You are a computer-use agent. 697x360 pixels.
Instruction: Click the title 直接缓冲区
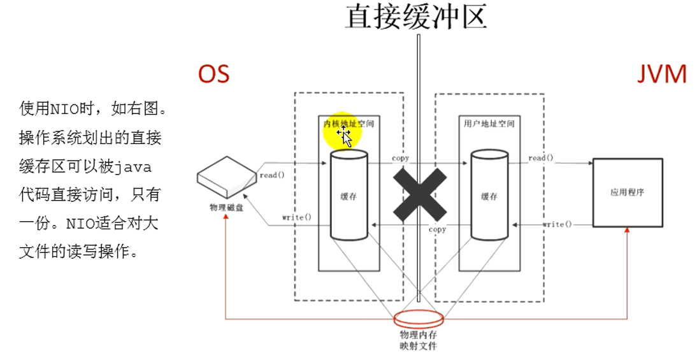(x=416, y=17)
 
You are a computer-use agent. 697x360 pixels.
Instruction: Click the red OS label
(x=213, y=75)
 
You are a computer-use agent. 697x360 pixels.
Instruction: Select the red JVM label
(x=662, y=75)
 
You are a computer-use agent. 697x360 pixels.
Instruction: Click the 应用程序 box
(x=627, y=192)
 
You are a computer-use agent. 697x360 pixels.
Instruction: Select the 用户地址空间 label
(x=489, y=124)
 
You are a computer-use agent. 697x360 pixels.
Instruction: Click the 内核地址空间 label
(x=348, y=123)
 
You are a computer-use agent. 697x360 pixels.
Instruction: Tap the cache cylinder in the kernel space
(x=348, y=195)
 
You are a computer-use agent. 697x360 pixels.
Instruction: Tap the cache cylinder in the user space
(x=489, y=195)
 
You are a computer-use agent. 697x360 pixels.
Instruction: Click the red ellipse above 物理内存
(x=418, y=317)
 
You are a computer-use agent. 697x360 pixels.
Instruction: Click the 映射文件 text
(x=418, y=346)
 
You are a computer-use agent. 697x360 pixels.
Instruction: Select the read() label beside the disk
(x=268, y=175)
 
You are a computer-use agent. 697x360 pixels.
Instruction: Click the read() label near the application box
(x=541, y=158)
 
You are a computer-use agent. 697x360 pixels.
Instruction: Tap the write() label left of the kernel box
(x=297, y=217)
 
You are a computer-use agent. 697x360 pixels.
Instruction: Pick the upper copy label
(x=401, y=158)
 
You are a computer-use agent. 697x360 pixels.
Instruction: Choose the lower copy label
(x=437, y=229)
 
